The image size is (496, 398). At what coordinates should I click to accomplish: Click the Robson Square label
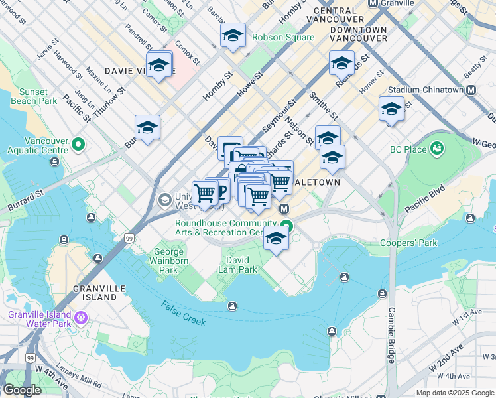point(283,38)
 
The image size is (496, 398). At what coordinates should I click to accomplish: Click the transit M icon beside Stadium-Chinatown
point(471,90)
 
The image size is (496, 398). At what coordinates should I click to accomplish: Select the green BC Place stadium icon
point(437,149)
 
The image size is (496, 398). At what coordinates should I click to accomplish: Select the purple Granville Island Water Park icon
point(82,318)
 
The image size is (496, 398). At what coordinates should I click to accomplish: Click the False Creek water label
point(183,313)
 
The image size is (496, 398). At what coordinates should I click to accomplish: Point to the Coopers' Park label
point(408,243)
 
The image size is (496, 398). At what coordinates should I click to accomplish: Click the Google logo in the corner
point(22,390)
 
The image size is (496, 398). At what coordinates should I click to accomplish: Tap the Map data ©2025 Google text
point(454,393)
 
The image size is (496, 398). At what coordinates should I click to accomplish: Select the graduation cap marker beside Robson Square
point(233,36)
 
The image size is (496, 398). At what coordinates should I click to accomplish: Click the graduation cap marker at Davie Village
point(159,65)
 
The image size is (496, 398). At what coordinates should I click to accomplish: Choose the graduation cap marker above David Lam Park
point(276,239)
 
